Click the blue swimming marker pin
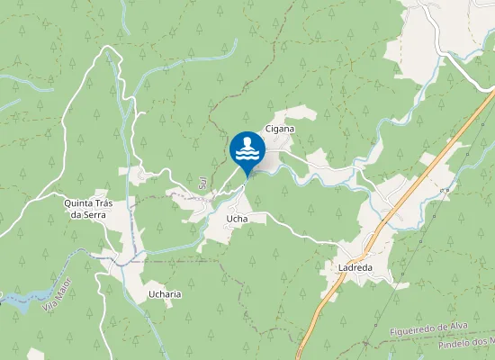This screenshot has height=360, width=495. click(247, 151)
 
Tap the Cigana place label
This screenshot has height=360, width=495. click(280, 129)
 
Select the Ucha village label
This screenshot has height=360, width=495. click(237, 219)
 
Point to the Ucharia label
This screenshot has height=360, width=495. click(165, 294)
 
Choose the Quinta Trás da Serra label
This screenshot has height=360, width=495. click(87, 209)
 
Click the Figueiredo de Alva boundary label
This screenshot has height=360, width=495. click(431, 330)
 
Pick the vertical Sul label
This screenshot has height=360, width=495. click(202, 184)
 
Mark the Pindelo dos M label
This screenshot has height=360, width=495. click(466, 344)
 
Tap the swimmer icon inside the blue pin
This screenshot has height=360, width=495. click(247, 148)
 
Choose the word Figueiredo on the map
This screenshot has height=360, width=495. click(412, 333)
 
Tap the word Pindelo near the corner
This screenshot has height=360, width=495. click(454, 346)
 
